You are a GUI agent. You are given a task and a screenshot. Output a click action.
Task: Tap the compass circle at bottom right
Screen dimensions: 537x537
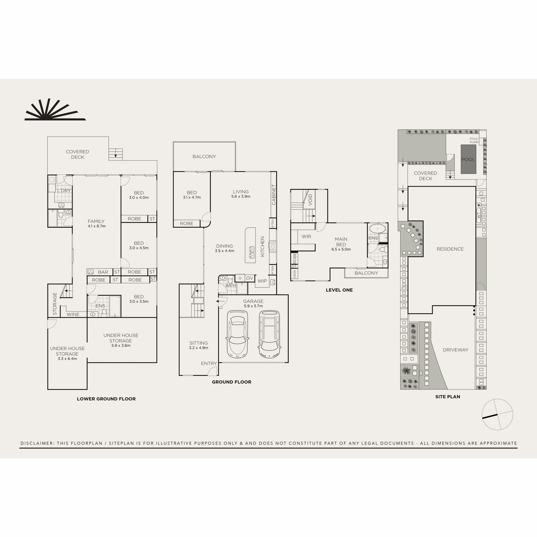coord(497,414)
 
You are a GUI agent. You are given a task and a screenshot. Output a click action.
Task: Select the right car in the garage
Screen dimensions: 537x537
coord(268,333)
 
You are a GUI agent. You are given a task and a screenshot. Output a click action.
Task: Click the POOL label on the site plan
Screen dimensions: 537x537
coord(468,160)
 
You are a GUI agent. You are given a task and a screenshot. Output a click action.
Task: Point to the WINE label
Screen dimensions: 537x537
coord(73,315)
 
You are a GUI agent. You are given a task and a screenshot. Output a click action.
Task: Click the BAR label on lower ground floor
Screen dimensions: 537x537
coord(103,272)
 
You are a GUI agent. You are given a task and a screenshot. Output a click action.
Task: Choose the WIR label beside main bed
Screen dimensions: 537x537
coord(306,236)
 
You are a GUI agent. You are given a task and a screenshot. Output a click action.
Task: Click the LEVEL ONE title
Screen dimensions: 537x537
coord(339,290)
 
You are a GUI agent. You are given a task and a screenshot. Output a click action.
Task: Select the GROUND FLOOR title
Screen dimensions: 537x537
coord(231,382)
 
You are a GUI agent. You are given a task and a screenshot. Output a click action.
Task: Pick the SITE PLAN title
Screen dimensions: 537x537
coord(447,396)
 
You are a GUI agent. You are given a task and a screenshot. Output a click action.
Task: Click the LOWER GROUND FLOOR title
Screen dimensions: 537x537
coord(106,399)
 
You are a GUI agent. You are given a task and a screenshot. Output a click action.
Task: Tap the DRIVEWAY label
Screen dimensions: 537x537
coord(455,350)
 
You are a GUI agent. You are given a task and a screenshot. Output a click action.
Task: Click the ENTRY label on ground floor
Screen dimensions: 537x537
coord(209,363)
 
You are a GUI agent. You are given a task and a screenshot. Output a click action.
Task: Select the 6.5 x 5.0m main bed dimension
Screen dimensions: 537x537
coord(341,250)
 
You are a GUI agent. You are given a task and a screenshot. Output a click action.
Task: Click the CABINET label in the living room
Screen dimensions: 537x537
coord(273,195)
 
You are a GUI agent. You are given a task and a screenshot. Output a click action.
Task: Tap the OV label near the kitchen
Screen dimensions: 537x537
coord(249,278)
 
